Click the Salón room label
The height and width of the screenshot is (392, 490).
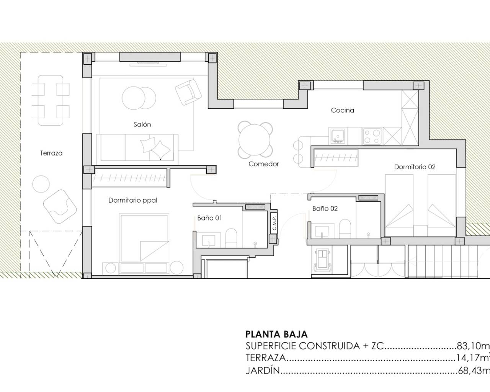point(142,124)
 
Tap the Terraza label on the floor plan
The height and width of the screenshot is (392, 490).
point(51,153)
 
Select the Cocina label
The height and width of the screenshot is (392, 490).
point(343,110)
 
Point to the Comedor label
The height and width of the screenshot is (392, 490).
point(264,164)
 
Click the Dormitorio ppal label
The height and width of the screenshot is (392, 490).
point(133,200)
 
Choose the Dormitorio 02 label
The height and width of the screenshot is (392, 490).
point(415,167)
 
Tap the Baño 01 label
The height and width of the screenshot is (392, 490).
point(210,218)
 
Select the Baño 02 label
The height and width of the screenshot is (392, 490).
point(325,209)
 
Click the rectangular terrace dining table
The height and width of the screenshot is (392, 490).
point(51,100)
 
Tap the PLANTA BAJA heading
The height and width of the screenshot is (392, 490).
point(276,335)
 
